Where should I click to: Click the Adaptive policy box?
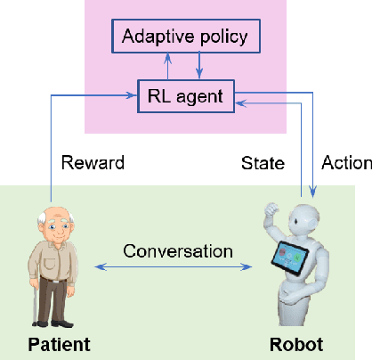(x=185, y=37)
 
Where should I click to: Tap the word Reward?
(x=93, y=163)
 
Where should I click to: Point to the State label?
(x=263, y=163)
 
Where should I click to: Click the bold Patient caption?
(x=59, y=343)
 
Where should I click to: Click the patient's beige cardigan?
(x=59, y=263)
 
